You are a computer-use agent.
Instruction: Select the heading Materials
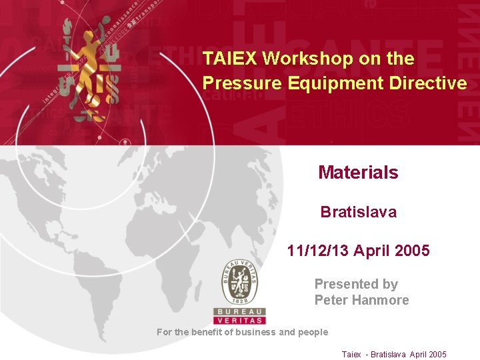click(358, 173)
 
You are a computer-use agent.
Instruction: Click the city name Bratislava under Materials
click(358, 212)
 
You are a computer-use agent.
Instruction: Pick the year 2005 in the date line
click(412, 251)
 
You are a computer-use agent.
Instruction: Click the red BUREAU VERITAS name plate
click(239, 316)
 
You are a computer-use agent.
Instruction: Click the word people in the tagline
click(313, 332)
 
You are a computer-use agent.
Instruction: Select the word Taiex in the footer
click(351, 355)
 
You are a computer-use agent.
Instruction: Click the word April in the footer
click(419, 355)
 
